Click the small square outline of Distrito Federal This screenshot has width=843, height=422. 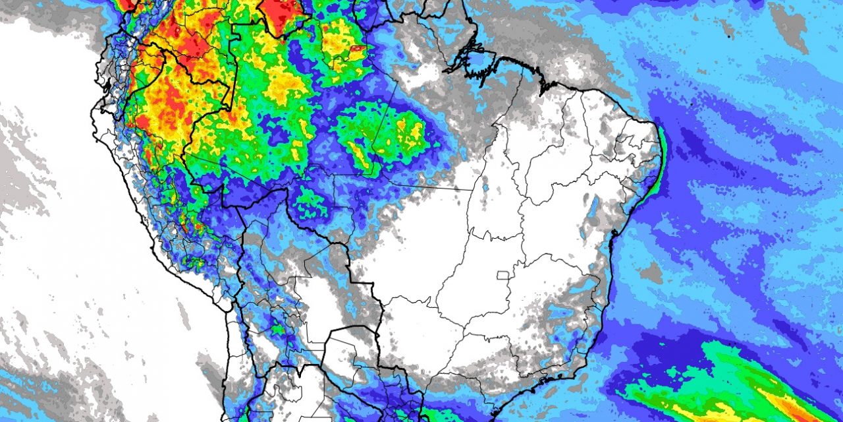point(504,275)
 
